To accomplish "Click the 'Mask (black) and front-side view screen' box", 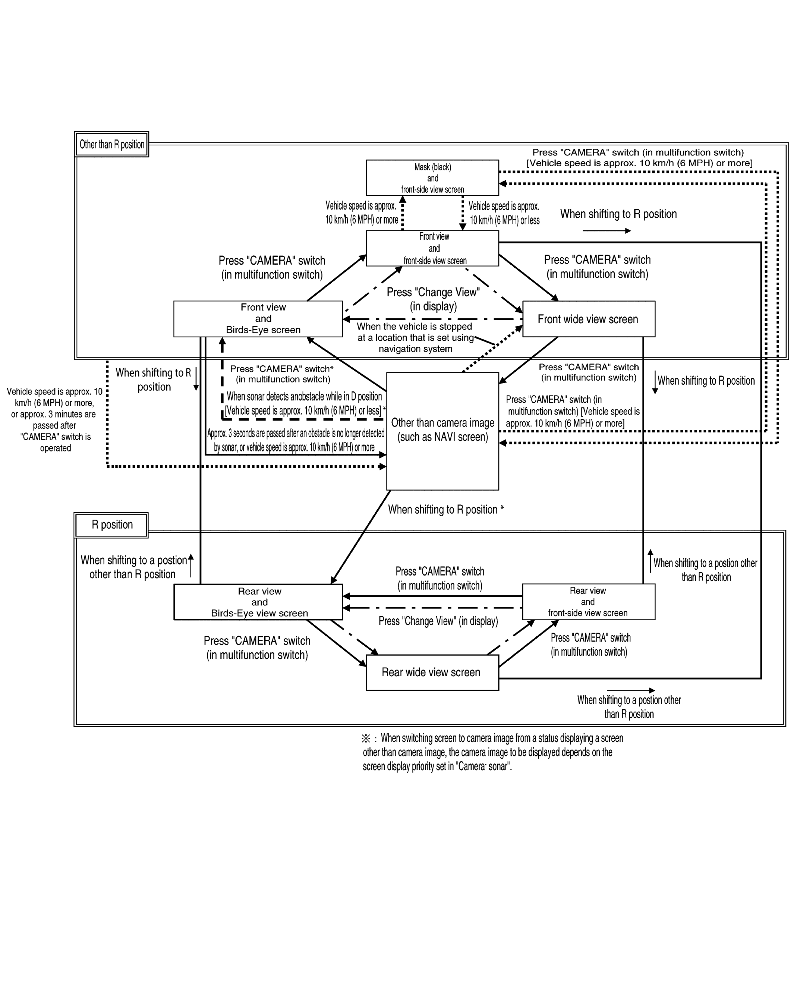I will pyautogui.click(x=432, y=177).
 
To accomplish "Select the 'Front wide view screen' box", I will pyautogui.click(x=588, y=319).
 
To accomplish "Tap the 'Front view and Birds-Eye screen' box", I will pyautogui.click(x=258, y=319).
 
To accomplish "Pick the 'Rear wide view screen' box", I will pyautogui.click(x=432, y=672).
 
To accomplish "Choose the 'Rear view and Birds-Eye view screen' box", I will pyautogui.click(x=258, y=602).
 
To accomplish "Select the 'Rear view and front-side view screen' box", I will pyautogui.click(x=588, y=602).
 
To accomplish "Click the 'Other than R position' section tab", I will pyautogui.click(x=111, y=145).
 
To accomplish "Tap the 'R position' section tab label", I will pyautogui.click(x=111, y=524).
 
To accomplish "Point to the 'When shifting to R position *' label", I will pyautogui.click(x=445, y=509).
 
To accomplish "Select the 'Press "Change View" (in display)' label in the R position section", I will pyautogui.click(x=438, y=621).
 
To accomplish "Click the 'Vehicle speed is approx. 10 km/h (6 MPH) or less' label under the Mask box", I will pyautogui.click(x=504, y=213).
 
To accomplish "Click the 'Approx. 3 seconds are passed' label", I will pyautogui.click(x=295, y=440).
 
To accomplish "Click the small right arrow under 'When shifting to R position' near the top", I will pyautogui.click(x=606, y=231).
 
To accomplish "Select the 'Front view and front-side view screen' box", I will pyautogui.click(x=432, y=248).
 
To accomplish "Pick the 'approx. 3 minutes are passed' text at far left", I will pyautogui.click(x=54, y=419).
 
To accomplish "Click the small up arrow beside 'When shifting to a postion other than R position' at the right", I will pyautogui.click(x=650, y=561).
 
